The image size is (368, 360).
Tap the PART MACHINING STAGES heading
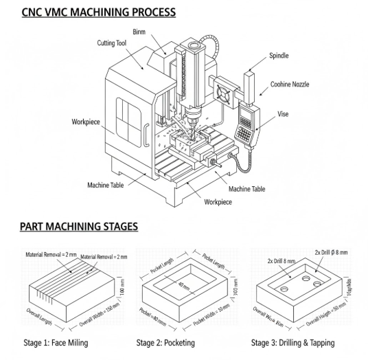79,226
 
